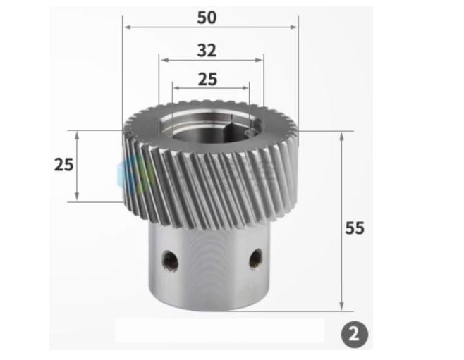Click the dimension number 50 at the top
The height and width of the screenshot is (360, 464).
coord(207,18)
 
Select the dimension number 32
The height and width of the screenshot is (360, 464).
coord(207,51)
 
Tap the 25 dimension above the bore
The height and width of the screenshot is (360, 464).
coord(207,79)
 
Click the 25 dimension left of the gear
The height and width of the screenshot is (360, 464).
coord(63,165)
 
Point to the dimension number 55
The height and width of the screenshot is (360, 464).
coord(355,228)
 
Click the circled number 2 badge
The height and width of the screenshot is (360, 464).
coord(355,335)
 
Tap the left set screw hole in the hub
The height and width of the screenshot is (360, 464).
coord(171,260)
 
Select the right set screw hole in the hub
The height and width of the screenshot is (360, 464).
coord(256,258)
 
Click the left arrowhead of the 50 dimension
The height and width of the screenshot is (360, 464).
coord(127,27)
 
